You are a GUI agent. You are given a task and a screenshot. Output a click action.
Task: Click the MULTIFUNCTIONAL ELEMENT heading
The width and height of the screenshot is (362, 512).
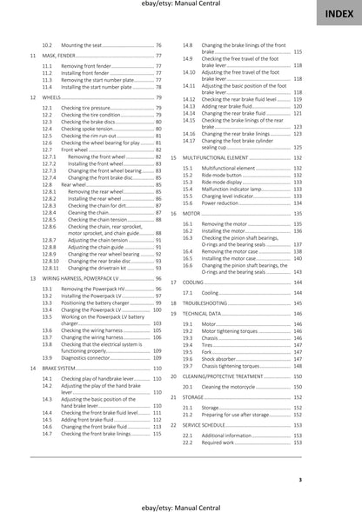coord(225,157)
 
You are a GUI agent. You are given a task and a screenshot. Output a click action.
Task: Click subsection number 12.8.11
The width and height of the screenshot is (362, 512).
coord(50,269)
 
